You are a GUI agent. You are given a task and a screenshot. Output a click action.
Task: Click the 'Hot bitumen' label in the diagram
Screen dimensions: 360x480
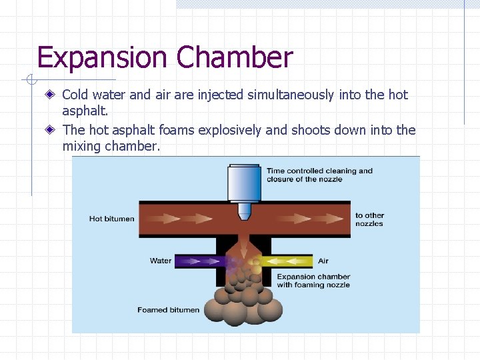coord(111,219)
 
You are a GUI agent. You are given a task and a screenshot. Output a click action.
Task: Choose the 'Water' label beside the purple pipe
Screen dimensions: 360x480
coord(161,261)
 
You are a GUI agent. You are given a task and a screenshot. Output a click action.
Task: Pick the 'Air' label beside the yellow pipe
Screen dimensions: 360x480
coord(323,261)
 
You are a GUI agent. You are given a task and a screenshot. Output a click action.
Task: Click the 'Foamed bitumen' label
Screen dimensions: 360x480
coord(168,310)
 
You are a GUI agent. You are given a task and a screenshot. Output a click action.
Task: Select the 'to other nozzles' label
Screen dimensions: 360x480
coord(369,219)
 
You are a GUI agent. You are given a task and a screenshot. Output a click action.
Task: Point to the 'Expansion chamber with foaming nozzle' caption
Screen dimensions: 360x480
coord(313,281)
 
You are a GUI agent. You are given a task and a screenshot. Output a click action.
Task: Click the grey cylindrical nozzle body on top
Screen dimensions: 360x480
coord(243,183)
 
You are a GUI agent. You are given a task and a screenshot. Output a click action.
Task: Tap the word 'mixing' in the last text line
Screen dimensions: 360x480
coord(82,146)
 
